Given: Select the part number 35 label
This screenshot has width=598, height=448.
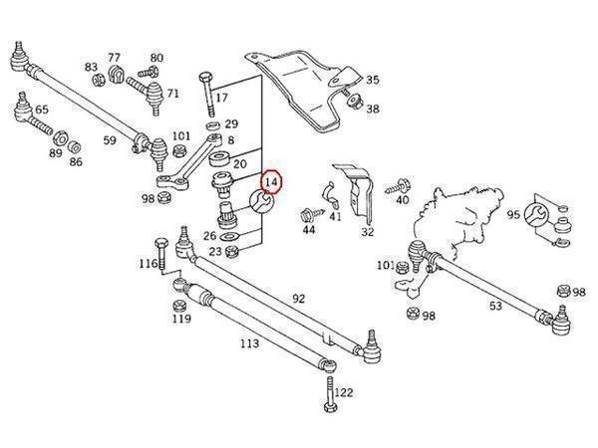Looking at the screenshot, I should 372,80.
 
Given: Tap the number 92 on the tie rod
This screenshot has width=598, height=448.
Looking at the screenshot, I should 298,297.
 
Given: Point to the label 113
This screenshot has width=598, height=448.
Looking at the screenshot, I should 249,343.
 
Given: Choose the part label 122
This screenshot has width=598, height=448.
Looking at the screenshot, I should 343,393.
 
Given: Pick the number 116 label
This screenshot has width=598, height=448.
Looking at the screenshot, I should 148,264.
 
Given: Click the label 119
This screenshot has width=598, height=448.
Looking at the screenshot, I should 180,320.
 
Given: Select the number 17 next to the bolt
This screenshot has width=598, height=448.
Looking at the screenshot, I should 221,98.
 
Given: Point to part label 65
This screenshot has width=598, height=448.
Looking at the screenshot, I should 42,111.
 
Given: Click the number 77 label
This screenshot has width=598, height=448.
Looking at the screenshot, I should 114,58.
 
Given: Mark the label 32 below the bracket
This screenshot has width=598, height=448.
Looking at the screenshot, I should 367,232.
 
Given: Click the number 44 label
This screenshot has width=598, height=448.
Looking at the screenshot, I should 309,231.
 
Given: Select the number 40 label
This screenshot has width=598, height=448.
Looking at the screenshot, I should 402,200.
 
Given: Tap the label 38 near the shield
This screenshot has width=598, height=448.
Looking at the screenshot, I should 372,110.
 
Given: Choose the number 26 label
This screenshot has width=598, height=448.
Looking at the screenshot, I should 209,236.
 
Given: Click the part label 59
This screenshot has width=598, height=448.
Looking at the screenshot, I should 110,140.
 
